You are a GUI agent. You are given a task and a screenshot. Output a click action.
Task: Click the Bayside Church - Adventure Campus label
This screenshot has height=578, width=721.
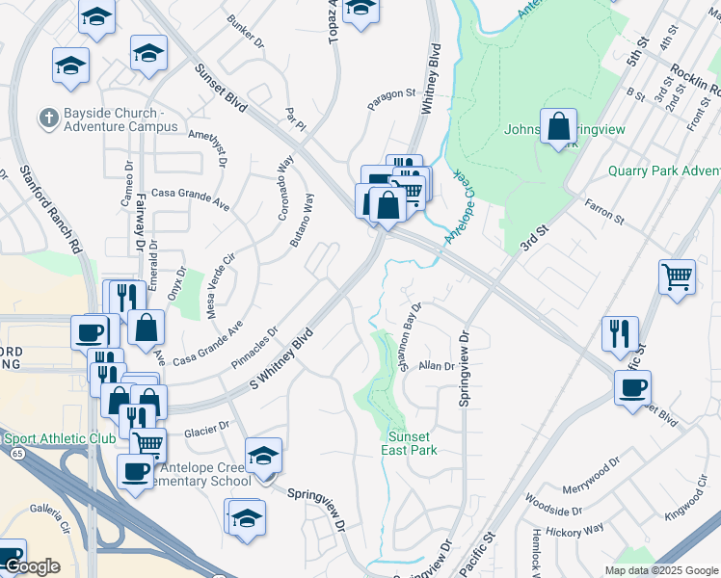pos(114,119)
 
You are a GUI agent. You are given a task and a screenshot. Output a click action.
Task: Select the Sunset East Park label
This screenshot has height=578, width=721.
pos(413,443)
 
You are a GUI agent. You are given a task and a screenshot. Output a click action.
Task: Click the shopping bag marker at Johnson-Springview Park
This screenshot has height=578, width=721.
pos(558,126)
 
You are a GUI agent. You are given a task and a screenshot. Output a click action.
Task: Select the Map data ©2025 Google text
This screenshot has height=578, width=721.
pos(661,570)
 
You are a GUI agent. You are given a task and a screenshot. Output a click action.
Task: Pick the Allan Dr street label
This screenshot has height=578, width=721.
pos(436,366)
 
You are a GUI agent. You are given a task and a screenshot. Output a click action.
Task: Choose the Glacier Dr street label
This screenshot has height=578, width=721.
pos(209,424)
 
